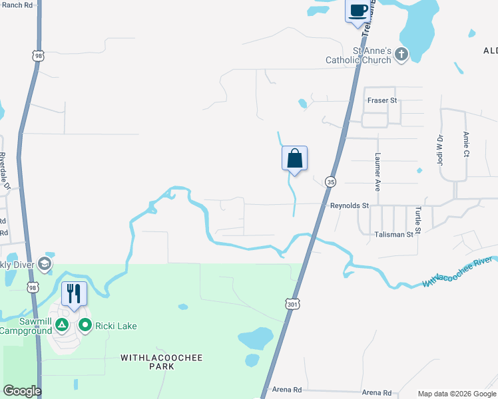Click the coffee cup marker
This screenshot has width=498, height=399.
[358, 11]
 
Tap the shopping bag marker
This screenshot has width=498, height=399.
[294, 159]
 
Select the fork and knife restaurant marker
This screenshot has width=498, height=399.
[74, 293]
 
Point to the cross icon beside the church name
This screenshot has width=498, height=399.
[401, 55]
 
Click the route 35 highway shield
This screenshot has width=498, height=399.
[330, 182]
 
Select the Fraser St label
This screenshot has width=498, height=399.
[382, 100]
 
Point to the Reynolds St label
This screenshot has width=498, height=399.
[350, 206]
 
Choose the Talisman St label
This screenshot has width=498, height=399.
[393, 235]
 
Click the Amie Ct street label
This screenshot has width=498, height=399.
[466, 144]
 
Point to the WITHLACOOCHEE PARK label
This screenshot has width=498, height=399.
[162, 362]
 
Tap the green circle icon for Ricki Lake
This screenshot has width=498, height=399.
[85, 325]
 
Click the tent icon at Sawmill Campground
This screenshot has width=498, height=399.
[61, 325]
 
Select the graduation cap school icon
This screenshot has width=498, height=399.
[45, 264]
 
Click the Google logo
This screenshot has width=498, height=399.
[22, 391]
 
